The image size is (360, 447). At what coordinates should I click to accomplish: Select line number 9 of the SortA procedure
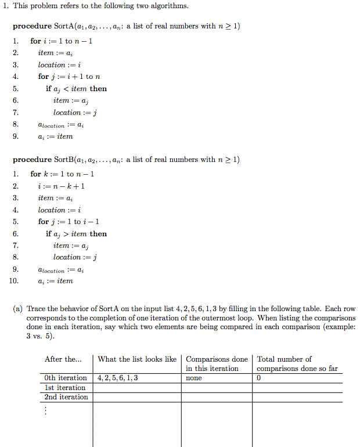16,136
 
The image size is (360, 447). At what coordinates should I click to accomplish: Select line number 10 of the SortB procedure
16,281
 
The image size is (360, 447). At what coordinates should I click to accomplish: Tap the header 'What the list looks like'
137,359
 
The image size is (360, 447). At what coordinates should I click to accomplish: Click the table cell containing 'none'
194,378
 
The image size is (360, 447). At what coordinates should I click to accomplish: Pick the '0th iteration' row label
66,378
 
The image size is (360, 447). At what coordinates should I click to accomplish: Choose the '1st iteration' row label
65,388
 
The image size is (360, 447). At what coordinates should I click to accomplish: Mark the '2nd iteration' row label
66,397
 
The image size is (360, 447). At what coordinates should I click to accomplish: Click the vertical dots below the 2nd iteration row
46,411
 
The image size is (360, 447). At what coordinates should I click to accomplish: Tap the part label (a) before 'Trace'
19,309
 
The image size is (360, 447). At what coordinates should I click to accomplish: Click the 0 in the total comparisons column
259,378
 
